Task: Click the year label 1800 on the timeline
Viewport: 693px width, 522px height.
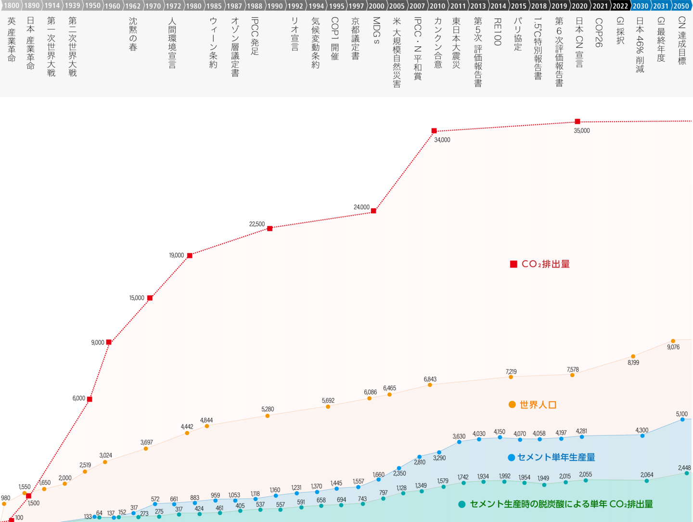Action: pyautogui.click(x=12, y=6)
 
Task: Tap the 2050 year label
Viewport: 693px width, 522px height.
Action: pyautogui.click(x=681, y=6)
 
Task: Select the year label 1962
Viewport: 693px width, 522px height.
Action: pyautogui.click(x=133, y=6)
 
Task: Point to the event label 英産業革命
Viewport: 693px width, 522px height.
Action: pyautogui.click(x=12, y=40)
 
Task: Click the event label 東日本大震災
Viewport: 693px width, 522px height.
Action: pyautogui.click(x=456, y=43)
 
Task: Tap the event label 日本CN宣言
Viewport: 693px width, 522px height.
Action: pyautogui.click(x=579, y=42)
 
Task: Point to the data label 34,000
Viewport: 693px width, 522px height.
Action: pyautogui.click(x=442, y=140)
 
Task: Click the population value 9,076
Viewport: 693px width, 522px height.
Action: pyautogui.click(x=673, y=347)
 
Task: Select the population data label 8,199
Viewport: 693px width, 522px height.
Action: pyautogui.click(x=633, y=363)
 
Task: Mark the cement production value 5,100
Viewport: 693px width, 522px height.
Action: pyautogui.click(x=681, y=414)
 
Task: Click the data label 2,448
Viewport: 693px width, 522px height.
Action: pyautogui.click(x=684, y=468)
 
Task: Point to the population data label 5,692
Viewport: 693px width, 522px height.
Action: pyautogui.click(x=328, y=401)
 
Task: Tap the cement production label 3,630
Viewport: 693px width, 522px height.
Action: pyautogui.click(x=459, y=437)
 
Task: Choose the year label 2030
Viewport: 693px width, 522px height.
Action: pyautogui.click(x=640, y=6)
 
